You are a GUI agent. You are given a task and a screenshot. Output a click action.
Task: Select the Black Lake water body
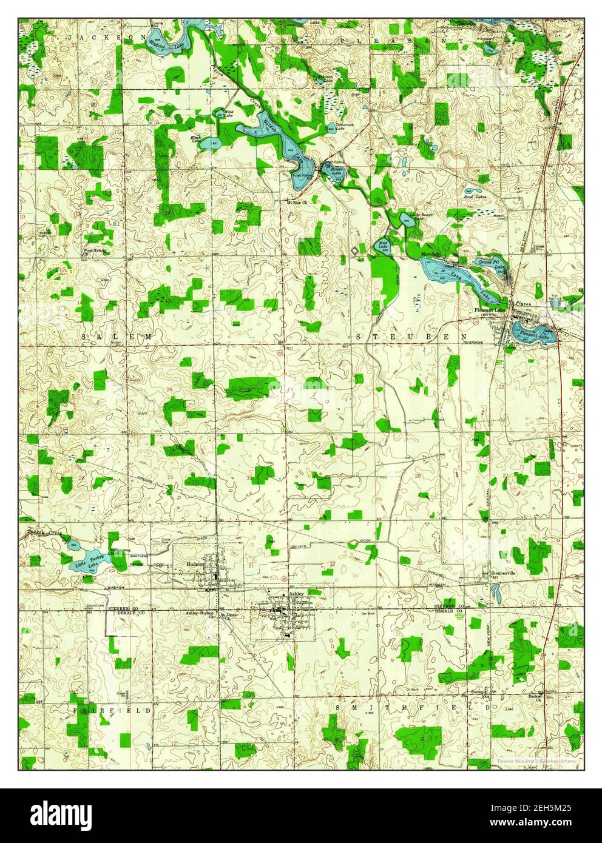coord(208,144)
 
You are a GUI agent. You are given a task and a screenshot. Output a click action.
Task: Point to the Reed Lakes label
coord(475,196)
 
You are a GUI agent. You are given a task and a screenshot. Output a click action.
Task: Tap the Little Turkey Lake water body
coord(85,561)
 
